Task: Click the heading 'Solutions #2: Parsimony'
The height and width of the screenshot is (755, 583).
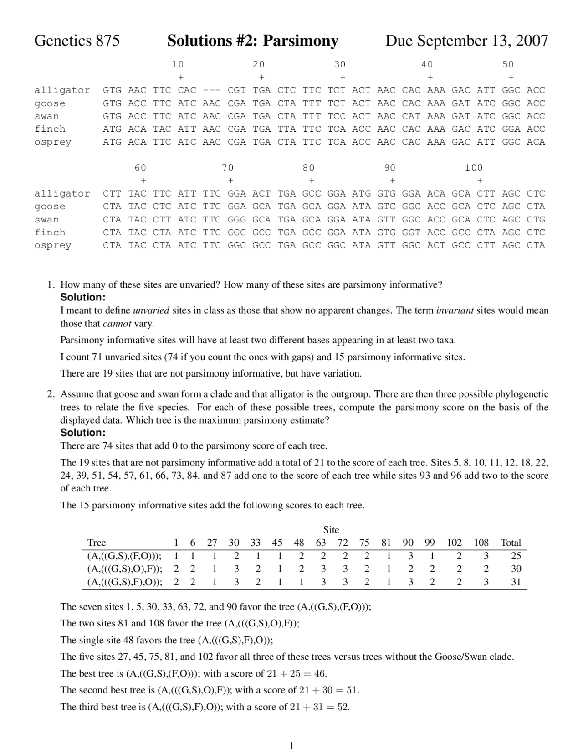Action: (252, 41)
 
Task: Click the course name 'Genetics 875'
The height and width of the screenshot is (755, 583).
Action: (77, 41)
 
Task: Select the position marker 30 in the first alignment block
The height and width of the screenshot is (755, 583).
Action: (340, 65)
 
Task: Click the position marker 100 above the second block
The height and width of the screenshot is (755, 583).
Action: (474, 168)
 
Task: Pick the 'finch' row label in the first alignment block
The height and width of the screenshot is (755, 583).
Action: (50, 129)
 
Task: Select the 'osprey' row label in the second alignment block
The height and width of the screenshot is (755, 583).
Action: (53, 245)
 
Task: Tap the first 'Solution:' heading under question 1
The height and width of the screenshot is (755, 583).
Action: (83, 298)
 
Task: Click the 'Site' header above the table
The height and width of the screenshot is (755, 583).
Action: (331, 530)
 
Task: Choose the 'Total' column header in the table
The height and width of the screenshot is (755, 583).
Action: (511, 543)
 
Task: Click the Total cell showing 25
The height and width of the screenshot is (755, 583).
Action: (516, 556)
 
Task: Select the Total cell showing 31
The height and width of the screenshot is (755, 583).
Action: (516, 582)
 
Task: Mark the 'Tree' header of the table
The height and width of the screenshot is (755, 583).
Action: (97, 543)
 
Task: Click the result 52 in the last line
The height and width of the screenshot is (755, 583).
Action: (343, 707)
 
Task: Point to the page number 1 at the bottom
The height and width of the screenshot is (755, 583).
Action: (291, 746)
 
